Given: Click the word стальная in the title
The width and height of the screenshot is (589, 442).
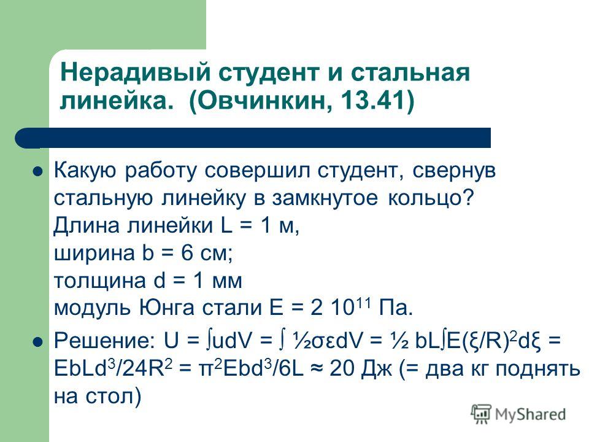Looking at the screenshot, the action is [410, 72].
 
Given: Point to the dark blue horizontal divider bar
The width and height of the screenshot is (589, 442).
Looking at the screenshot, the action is [253, 138].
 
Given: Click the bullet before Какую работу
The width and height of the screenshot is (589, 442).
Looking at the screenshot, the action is [38, 172].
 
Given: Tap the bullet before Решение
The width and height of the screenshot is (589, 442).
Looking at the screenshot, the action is [38, 343].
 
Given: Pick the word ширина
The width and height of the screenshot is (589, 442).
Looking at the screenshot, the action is [94, 254].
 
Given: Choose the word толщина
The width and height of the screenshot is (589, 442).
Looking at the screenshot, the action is [99, 281].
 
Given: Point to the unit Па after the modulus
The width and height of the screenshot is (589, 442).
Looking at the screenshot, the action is [396, 308].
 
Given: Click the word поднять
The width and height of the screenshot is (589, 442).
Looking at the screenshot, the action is [537, 370].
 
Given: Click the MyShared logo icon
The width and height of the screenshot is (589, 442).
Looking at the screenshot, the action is [481, 414].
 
